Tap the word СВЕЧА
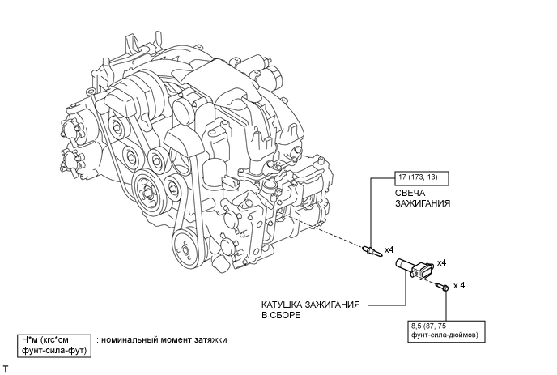click(410, 193)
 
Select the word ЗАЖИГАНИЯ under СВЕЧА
click(423, 203)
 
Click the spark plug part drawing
click(372, 250)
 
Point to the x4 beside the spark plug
click(389, 250)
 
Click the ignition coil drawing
click(415, 268)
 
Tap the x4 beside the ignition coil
click(441, 263)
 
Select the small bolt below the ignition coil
click(443, 286)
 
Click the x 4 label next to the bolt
click(459, 286)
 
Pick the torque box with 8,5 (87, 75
click(446, 331)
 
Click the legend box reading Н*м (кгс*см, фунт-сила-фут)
click(54, 346)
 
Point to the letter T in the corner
click(6, 369)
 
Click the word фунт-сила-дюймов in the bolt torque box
click(444, 335)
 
